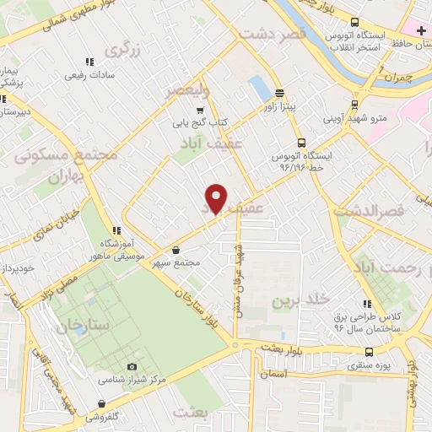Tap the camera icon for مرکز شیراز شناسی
[132, 366]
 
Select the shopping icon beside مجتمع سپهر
[175, 251]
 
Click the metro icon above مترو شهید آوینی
[356, 105]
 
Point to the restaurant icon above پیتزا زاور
[279, 94]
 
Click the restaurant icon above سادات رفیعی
[90, 62]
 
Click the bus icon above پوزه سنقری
[367, 352]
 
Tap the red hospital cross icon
[421, 30]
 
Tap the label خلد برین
[300, 300]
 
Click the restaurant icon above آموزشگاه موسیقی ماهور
[117, 229]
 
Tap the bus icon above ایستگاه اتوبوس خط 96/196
[302, 143]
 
